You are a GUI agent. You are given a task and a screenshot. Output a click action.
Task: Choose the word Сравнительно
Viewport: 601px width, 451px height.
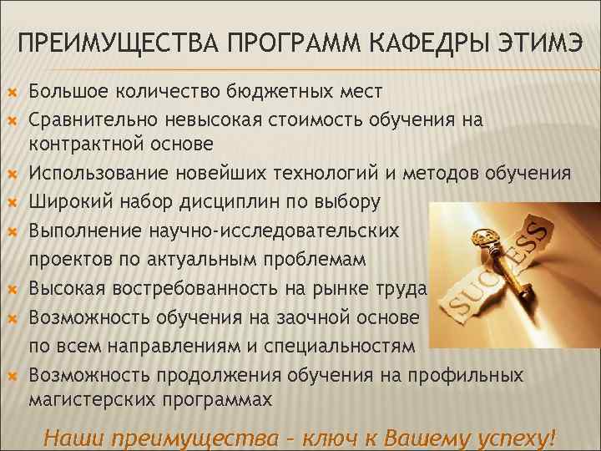[94, 119]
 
